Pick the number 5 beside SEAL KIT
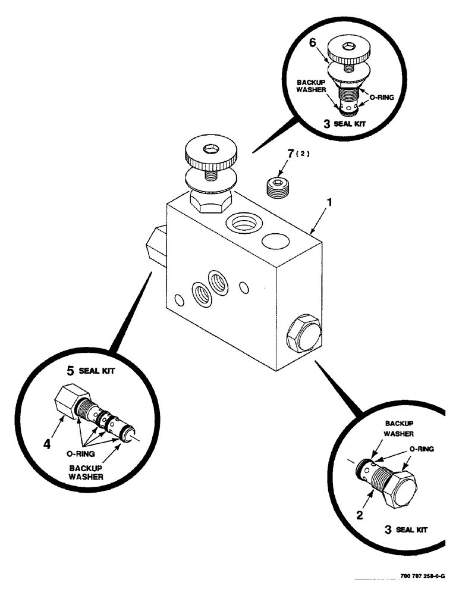coord(70,372)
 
